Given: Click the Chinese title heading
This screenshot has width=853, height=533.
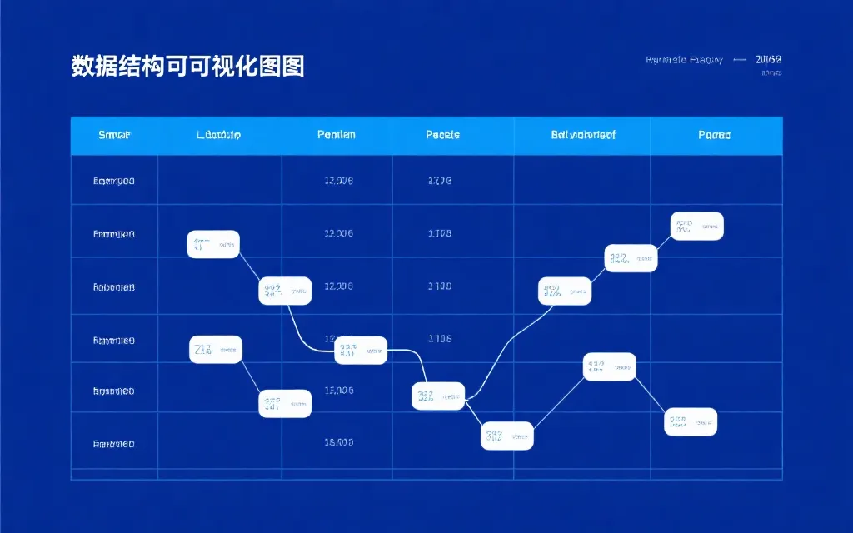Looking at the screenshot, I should pyautogui.click(x=187, y=66).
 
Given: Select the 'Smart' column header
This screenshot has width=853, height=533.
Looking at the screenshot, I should pyautogui.click(x=114, y=135).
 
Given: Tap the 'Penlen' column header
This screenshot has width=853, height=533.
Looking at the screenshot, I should pyautogui.click(x=337, y=135).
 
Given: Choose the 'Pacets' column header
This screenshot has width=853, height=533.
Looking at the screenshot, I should pyautogui.click(x=442, y=135).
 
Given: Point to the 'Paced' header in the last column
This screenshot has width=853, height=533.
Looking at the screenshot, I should pyautogui.click(x=715, y=135).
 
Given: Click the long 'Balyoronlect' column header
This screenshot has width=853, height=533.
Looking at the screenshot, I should pyautogui.click(x=583, y=135).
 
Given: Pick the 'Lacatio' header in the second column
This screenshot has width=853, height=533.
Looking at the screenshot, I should pyautogui.click(x=219, y=135).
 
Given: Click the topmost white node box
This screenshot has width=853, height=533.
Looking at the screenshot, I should pyautogui.click(x=697, y=226).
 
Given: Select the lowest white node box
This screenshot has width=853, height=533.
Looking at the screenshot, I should pyautogui.click(x=507, y=436).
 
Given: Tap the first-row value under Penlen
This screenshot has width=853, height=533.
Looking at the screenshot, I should pyautogui.click(x=338, y=181).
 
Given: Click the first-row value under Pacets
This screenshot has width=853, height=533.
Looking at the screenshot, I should pyautogui.click(x=440, y=181).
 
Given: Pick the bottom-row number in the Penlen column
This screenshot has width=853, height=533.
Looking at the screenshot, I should pyautogui.click(x=338, y=443).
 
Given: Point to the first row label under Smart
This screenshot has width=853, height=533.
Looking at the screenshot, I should pyautogui.click(x=114, y=181).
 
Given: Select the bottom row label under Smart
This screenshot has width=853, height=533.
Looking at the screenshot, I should pyautogui.click(x=114, y=444).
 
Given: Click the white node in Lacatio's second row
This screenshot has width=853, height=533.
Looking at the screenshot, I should pyautogui.click(x=213, y=245).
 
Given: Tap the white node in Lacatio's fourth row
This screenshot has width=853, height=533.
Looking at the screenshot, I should pyautogui.click(x=216, y=350).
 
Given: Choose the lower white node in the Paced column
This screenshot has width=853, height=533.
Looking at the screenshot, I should pyautogui.click(x=691, y=421).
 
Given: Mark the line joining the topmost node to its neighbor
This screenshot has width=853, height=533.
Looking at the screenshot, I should pyautogui.click(x=664, y=242).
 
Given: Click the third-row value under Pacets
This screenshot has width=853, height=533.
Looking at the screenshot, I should pyautogui.click(x=440, y=286).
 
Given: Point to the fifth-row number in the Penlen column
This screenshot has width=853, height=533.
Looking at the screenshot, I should pyautogui.click(x=338, y=391).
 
